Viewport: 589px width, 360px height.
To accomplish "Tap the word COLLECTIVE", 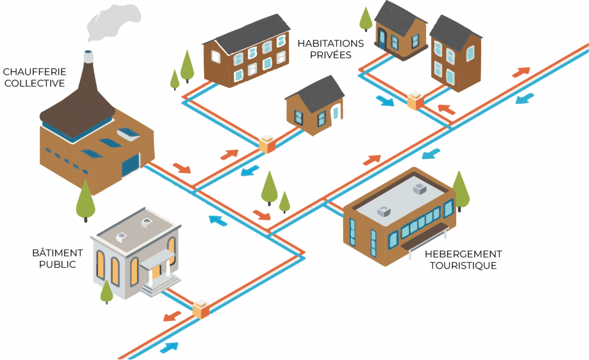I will [x=35, y=83].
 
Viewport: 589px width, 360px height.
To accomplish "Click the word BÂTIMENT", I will [x=58, y=253].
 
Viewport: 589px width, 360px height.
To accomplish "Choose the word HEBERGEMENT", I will [x=463, y=254].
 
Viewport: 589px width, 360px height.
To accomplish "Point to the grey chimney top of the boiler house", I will [x=88, y=56].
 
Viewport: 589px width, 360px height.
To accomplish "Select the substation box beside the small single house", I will [x=267, y=144].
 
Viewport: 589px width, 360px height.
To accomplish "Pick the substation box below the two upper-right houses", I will [x=415, y=100].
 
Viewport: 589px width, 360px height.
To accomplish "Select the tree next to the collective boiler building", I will [x=86, y=199].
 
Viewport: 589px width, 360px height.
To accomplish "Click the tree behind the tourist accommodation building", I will [x=461, y=189].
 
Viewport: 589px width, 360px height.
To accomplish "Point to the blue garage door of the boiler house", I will [x=131, y=165].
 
